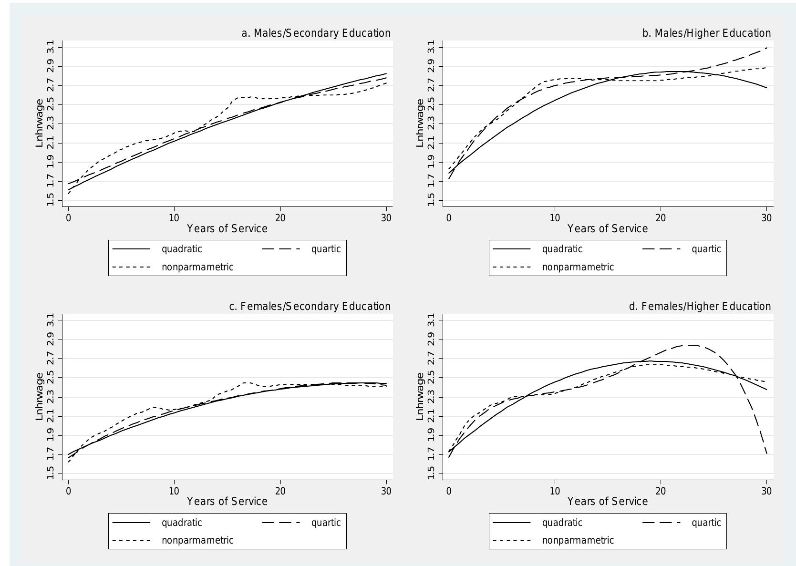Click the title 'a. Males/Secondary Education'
point(316,33)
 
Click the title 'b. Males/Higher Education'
point(706,33)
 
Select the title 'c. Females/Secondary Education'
point(310,306)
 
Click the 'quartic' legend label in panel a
point(326,249)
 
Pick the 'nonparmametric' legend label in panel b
point(578,267)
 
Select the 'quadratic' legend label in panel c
point(182,523)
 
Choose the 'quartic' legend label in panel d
point(706,523)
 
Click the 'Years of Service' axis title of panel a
point(227,228)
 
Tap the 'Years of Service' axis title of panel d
point(607,502)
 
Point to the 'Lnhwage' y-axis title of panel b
point(420,123)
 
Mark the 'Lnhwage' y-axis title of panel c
point(40,396)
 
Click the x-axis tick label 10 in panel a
point(174,218)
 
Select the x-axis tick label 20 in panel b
point(660,218)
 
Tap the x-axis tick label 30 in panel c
point(386,491)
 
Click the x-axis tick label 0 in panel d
point(449,491)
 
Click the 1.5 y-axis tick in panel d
point(431,473)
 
